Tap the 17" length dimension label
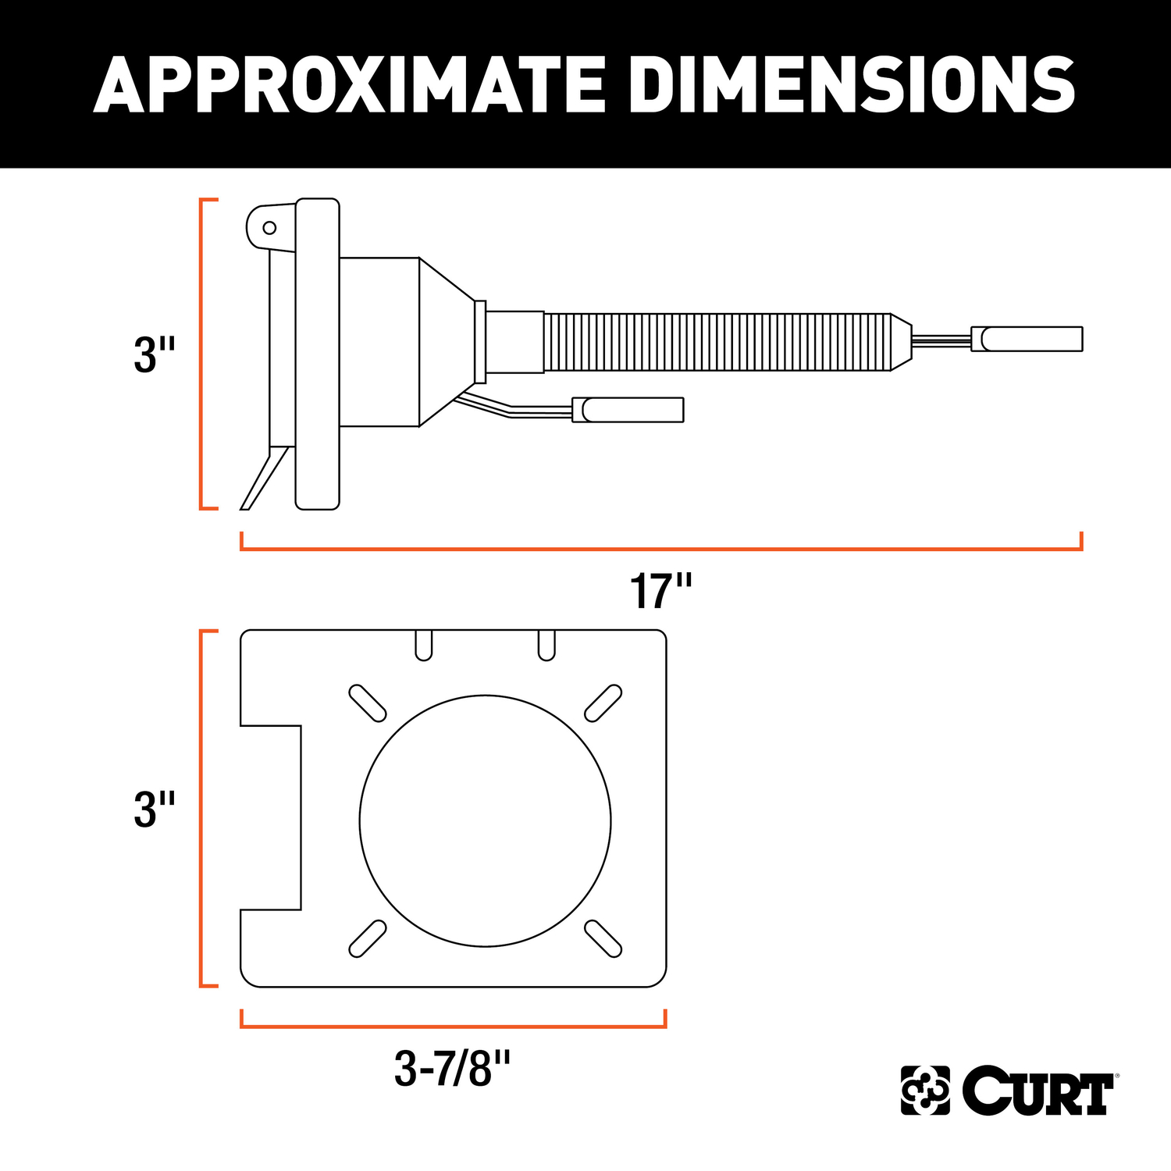point(660,592)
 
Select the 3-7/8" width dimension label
point(452,1069)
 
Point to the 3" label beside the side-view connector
point(155,355)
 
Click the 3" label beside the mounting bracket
point(155,810)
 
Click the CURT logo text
point(1038,1091)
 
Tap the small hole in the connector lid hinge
point(269,228)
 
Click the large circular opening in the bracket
point(485,820)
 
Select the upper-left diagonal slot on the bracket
point(367,703)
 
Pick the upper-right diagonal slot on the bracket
point(603,703)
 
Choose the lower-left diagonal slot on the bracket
point(367,938)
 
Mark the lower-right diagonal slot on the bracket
point(603,938)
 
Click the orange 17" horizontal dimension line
point(660,549)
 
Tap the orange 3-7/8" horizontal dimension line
point(453,1026)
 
